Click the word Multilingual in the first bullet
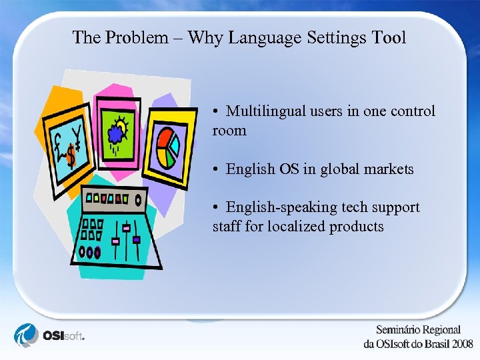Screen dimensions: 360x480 pyautogui.click(x=265, y=111)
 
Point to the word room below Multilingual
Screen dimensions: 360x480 pyautogui.click(x=229, y=131)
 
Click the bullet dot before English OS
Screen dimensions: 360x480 pyautogui.click(x=217, y=169)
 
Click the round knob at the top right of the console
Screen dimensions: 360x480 pyautogui.click(x=138, y=199)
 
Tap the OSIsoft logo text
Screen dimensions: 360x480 pyautogui.click(x=65, y=335)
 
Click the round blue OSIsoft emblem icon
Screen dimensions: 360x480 pyautogui.click(x=27, y=335)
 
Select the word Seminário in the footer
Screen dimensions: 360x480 pyautogui.click(x=399, y=330)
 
